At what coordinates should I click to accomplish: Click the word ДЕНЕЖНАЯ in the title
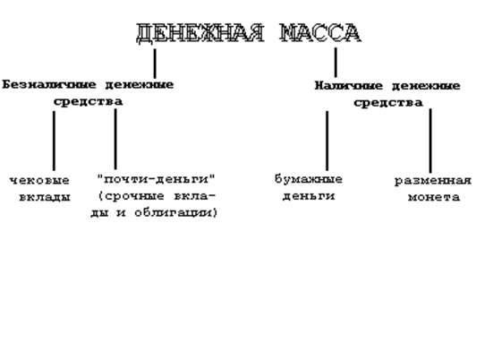[x=200, y=33]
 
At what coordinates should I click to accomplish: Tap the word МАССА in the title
[x=320, y=33]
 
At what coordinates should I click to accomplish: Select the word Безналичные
[x=48, y=85]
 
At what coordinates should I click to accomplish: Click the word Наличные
[x=348, y=86]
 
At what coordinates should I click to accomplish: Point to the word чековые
[x=39, y=181]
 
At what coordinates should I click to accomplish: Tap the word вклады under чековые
[x=45, y=197]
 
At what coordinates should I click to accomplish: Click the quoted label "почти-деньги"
[x=157, y=179]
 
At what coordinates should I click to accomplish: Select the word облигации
[x=176, y=213]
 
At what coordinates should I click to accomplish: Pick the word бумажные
[x=309, y=179]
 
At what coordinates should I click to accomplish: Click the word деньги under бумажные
[x=309, y=196]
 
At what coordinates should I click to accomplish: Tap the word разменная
[x=433, y=181]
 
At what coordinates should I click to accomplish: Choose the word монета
[x=434, y=197]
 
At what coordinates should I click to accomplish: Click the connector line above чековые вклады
[x=54, y=141]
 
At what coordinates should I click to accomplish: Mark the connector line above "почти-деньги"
[x=115, y=139]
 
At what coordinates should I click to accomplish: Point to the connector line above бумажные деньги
[x=327, y=141]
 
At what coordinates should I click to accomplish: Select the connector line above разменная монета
[x=430, y=141]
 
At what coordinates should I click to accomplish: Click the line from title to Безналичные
[x=155, y=64]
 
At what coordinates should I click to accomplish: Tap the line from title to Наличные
[x=336, y=63]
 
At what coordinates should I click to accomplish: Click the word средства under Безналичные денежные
[x=88, y=102]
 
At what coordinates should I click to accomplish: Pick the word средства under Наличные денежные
[x=388, y=103]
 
